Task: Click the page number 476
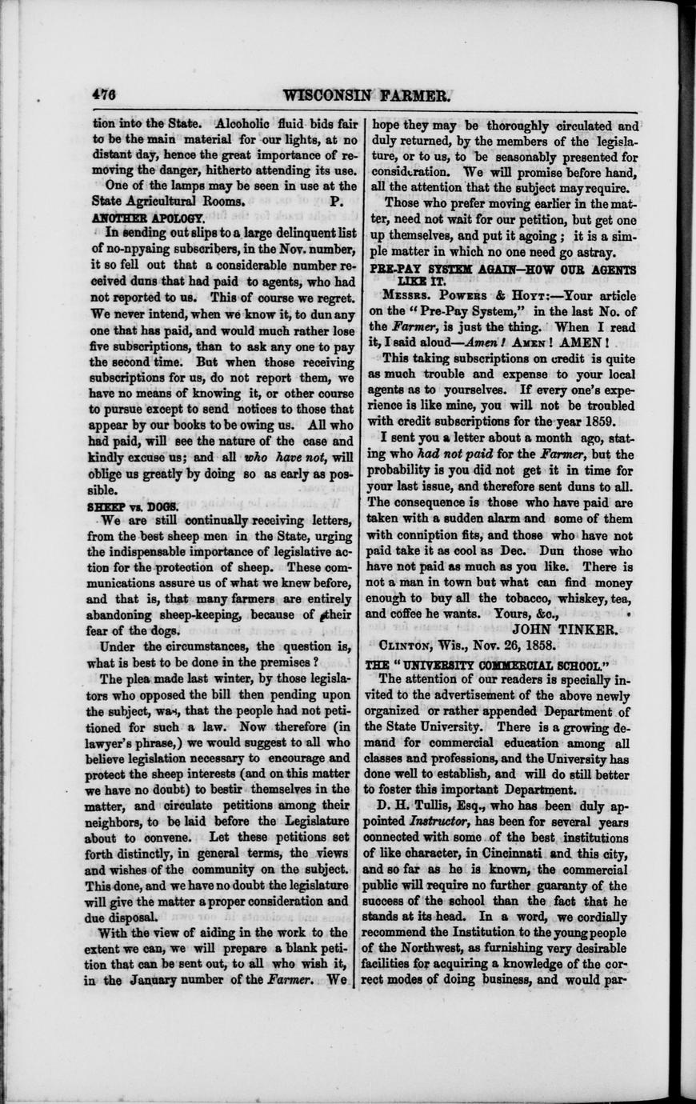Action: pyautogui.click(x=104, y=94)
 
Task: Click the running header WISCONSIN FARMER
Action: pyautogui.click(x=369, y=95)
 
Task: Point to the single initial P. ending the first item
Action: pyautogui.click(x=337, y=202)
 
